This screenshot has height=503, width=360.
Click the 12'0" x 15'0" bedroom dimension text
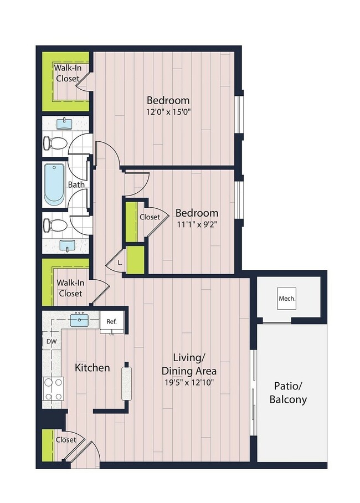[168, 111]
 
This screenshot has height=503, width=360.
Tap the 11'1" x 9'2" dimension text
[197, 224]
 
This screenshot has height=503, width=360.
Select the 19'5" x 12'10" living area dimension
[188, 382]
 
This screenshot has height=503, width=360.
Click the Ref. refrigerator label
[111, 321]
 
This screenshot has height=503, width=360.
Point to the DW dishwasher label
[50, 342]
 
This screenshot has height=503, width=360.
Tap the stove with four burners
[53, 389]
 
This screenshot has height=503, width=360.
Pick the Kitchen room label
[92, 368]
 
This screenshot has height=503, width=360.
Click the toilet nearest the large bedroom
[55, 143]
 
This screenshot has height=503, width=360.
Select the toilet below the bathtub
[55, 225]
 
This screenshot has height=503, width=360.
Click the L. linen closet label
[120, 263]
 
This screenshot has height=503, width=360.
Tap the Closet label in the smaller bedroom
[150, 218]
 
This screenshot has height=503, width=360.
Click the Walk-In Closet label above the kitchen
[70, 288]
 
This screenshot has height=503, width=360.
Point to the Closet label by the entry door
[65, 439]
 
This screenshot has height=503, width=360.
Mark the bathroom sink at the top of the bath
[66, 122]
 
